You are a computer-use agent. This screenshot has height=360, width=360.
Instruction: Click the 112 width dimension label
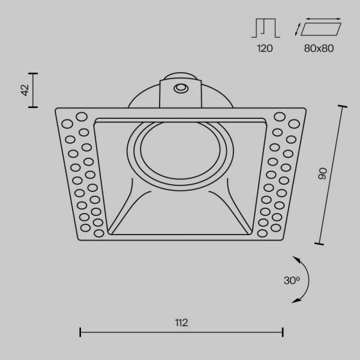(181, 323)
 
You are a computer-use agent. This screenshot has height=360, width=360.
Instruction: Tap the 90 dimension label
(323, 173)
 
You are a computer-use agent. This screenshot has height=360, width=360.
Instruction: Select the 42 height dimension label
(25, 90)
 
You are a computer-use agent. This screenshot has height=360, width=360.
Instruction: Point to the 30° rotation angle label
(292, 280)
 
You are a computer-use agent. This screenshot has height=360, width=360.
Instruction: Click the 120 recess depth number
(265, 49)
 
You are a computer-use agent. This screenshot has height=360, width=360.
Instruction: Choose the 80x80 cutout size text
(319, 49)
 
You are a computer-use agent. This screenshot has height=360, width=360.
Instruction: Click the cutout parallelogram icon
(321, 29)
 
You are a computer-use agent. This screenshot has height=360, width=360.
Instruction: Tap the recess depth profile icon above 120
(266, 28)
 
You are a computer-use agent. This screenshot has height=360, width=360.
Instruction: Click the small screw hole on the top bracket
(181, 88)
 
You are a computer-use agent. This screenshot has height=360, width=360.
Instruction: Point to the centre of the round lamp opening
(180, 151)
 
